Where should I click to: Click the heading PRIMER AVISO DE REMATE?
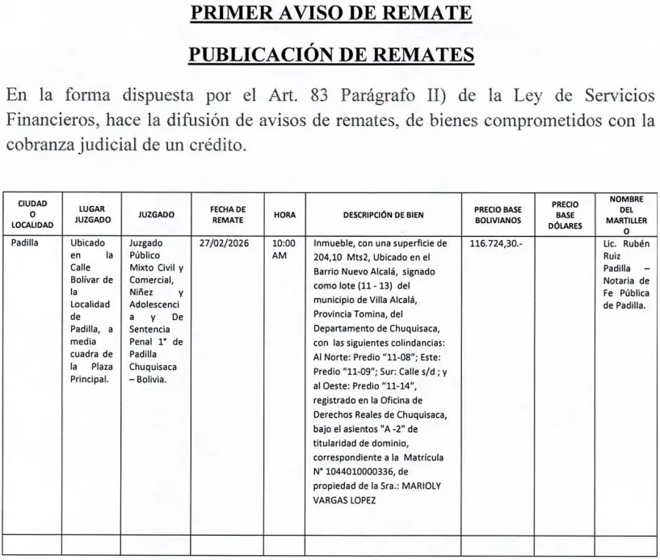[x=330, y=15]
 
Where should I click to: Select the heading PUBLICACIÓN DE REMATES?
[x=330, y=55]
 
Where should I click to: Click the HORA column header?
[x=284, y=215]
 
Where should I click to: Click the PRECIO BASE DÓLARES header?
[x=565, y=215]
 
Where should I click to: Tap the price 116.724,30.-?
[x=498, y=242]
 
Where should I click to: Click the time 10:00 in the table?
[x=284, y=242]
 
